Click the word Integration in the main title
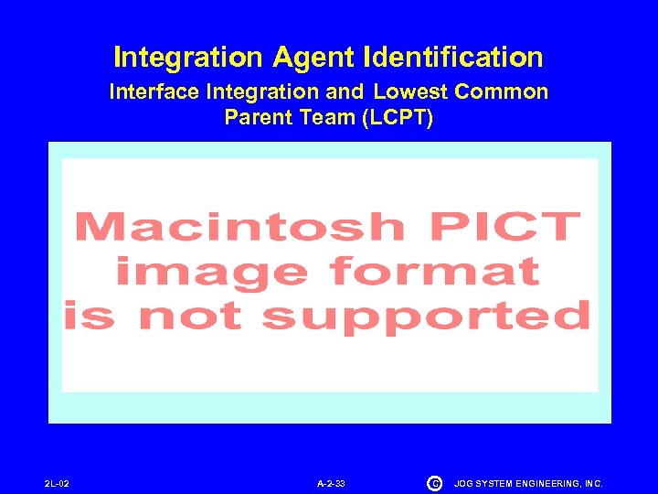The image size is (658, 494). point(188,59)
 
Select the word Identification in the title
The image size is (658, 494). point(453,59)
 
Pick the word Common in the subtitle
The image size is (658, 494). point(501,91)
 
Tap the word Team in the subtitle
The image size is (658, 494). point(324,117)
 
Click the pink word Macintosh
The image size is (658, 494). point(239,226)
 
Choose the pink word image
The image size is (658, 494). point(211,272)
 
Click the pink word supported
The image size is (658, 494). point(426,317)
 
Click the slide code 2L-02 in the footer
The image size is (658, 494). point(57,482)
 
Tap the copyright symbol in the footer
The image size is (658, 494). point(434,482)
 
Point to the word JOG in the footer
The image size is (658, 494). point(464,482)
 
